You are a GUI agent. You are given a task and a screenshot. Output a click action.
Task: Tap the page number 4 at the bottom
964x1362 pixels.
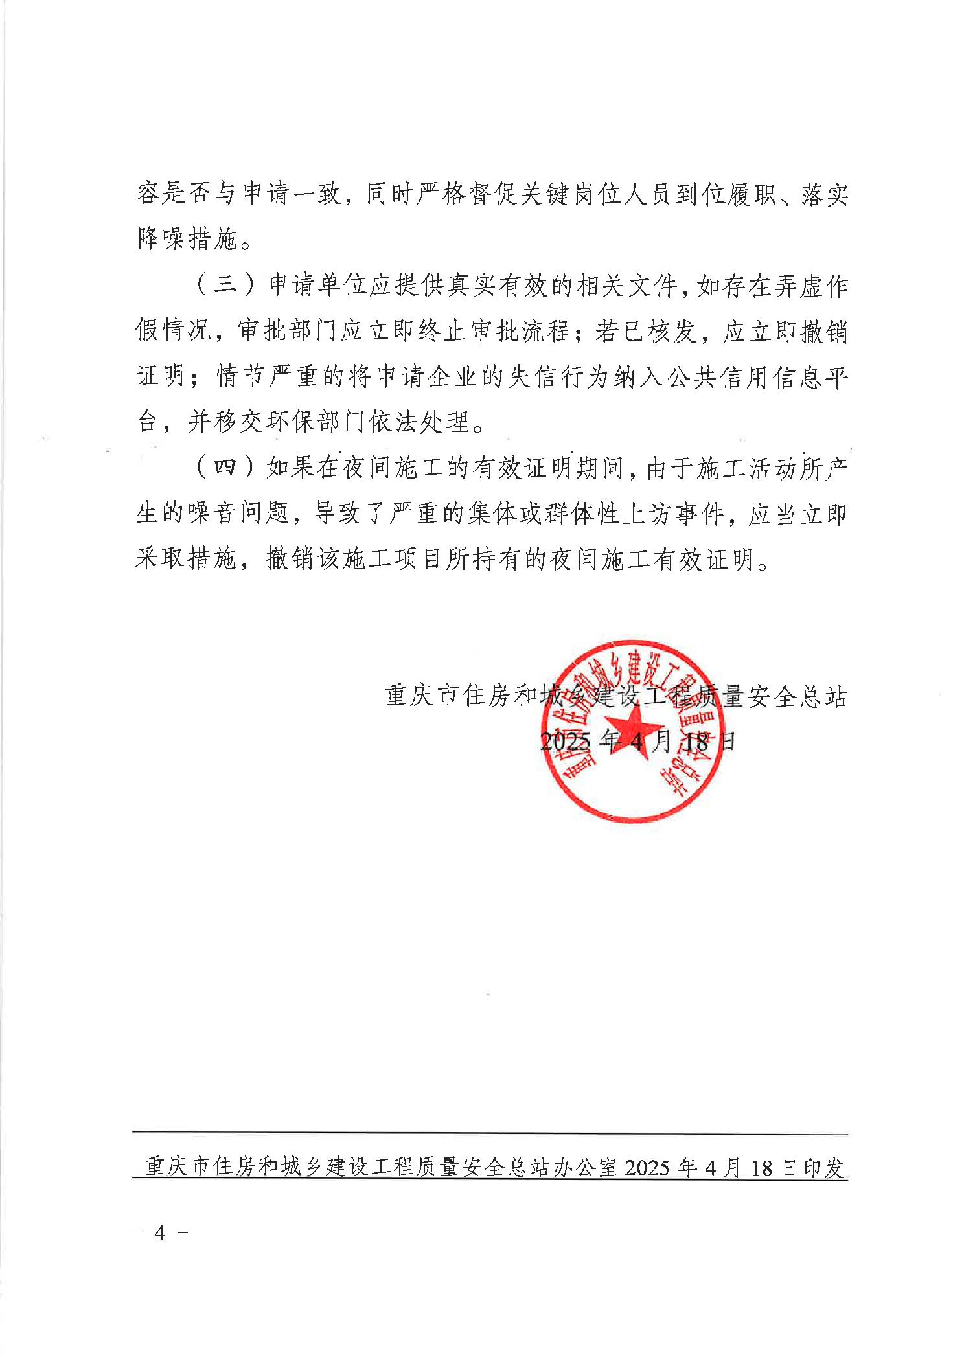click(x=160, y=1232)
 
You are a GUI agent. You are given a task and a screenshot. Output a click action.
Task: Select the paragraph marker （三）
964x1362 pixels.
click(x=227, y=285)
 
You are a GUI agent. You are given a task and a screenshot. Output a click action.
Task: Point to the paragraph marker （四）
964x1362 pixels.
click(x=227, y=468)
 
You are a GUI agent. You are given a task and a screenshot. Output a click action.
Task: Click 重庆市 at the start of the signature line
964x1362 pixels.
click(x=423, y=696)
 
